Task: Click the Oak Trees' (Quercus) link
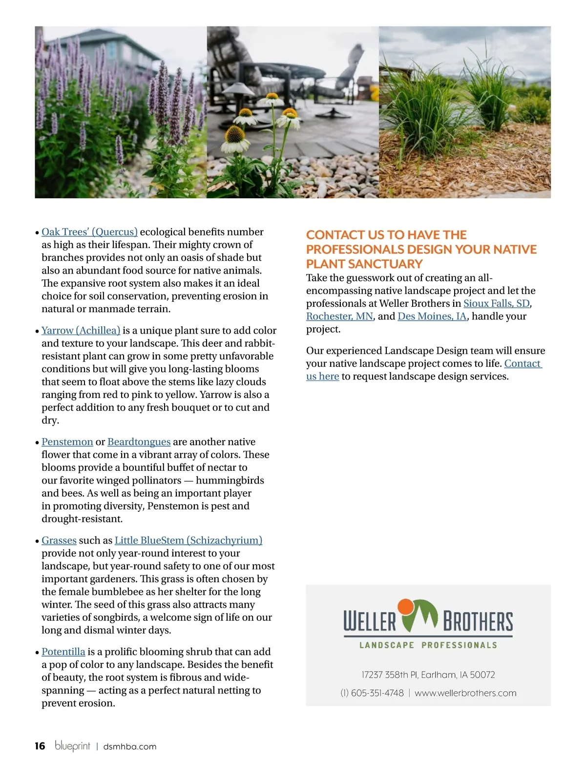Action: [89, 232]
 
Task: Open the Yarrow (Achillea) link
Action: [81, 331]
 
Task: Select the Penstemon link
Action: [67, 442]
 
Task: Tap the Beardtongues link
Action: [139, 442]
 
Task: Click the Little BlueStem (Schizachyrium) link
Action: [188, 541]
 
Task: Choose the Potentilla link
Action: [63, 652]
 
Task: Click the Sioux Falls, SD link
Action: [496, 303]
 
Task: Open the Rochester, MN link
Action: [339, 317]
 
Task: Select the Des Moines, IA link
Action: [432, 317]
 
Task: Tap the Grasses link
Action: [59, 541]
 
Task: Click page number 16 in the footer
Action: [40, 746]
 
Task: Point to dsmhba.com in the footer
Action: [129, 747]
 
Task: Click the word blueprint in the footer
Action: [72, 746]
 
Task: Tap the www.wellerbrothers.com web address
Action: [465, 693]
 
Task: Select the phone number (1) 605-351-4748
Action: [372, 693]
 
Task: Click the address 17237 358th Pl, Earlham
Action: [428, 675]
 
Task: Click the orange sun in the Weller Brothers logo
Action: [405, 607]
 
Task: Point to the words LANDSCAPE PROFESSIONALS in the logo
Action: [428, 645]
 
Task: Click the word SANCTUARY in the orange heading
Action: [393, 264]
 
